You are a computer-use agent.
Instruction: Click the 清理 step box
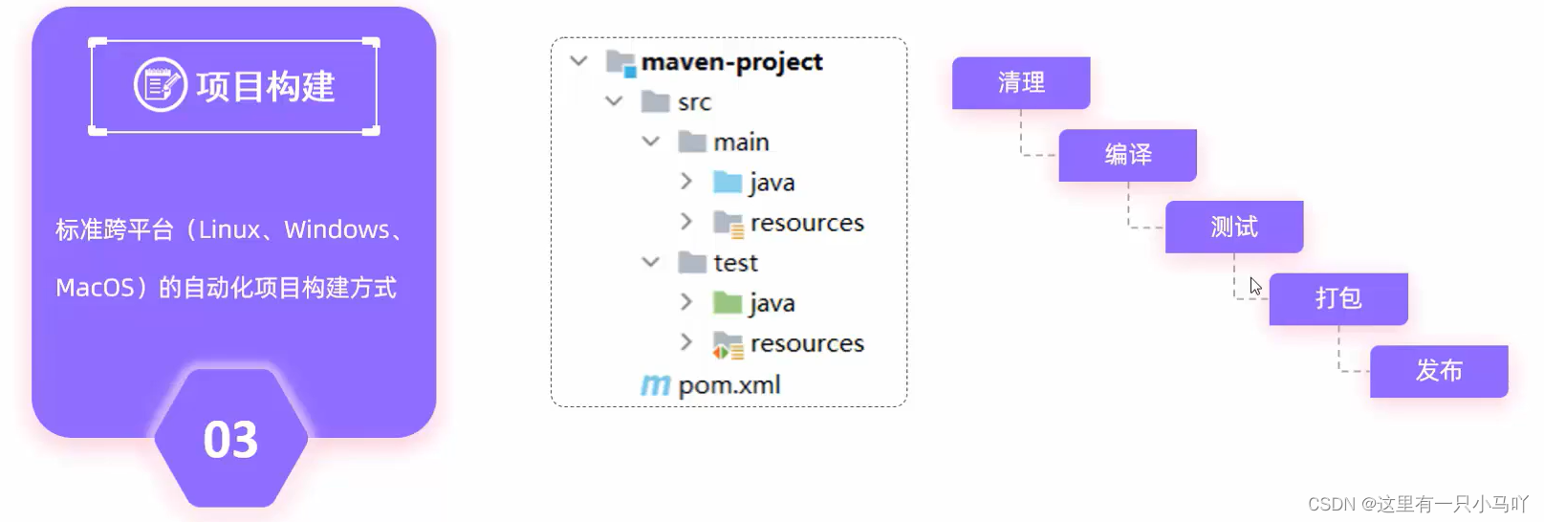(x=1020, y=83)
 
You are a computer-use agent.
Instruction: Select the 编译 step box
(x=1127, y=155)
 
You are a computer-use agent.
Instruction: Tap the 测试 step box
(x=1233, y=227)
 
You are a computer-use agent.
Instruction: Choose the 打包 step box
(x=1337, y=298)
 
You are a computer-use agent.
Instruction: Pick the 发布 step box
(x=1439, y=371)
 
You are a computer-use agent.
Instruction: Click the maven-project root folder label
(x=731, y=62)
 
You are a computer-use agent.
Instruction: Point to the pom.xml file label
(x=729, y=385)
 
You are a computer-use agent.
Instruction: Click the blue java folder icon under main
(x=728, y=182)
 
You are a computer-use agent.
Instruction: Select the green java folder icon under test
(x=728, y=303)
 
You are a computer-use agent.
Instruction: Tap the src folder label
(x=694, y=102)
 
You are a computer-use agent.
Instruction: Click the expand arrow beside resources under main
(x=685, y=222)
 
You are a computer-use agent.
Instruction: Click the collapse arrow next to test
(x=650, y=262)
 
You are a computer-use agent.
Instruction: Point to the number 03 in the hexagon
(x=230, y=440)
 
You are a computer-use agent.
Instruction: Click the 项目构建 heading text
(x=265, y=87)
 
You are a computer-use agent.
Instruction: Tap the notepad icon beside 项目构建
(x=160, y=85)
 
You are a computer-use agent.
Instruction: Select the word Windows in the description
(x=337, y=230)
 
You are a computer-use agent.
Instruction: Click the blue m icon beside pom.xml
(x=655, y=385)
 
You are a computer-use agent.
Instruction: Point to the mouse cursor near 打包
(x=1255, y=286)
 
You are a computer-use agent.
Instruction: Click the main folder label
(x=741, y=142)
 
